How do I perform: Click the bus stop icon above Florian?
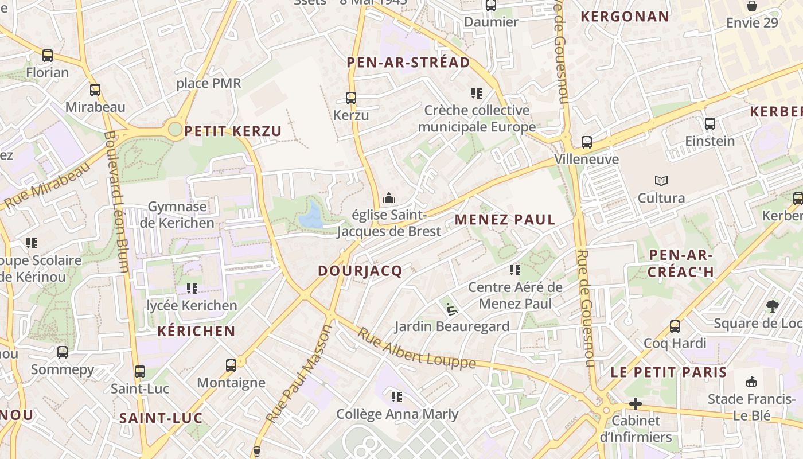pyautogui.click(x=48, y=56)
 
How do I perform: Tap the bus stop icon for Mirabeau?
pyautogui.click(x=95, y=90)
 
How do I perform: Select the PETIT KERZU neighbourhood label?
pyautogui.click(x=233, y=131)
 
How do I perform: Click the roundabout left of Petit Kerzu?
pyautogui.click(x=175, y=129)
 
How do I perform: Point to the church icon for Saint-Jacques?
pyautogui.click(x=389, y=199)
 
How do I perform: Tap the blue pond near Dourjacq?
pyautogui.click(x=311, y=215)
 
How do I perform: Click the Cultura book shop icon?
pyautogui.click(x=661, y=181)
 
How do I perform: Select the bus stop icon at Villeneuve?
pyautogui.click(x=586, y=142)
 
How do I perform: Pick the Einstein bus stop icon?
pyautogui.click(x=710, y=124)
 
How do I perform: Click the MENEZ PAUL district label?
pyautogui.click(x=505, y=220)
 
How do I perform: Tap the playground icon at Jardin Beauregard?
pyautogui.click(x=452, y=310)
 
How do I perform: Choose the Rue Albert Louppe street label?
pyautogui.click(x=416, y=348)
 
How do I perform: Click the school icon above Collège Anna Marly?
pyautogui.click(x=396, y=397)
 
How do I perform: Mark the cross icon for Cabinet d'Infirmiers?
pyautogui.click(x=635, y=404)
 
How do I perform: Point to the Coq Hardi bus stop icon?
pyautogui.click(x=675, y=326)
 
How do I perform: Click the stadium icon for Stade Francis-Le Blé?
pyautogui.click(x=751, y=382)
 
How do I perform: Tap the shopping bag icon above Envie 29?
pyautogui.click(x=751, y=6)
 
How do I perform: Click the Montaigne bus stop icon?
pyautogui.click(x=231, y=365)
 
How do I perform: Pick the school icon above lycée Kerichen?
pyautogui.click(x=192, y=288)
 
